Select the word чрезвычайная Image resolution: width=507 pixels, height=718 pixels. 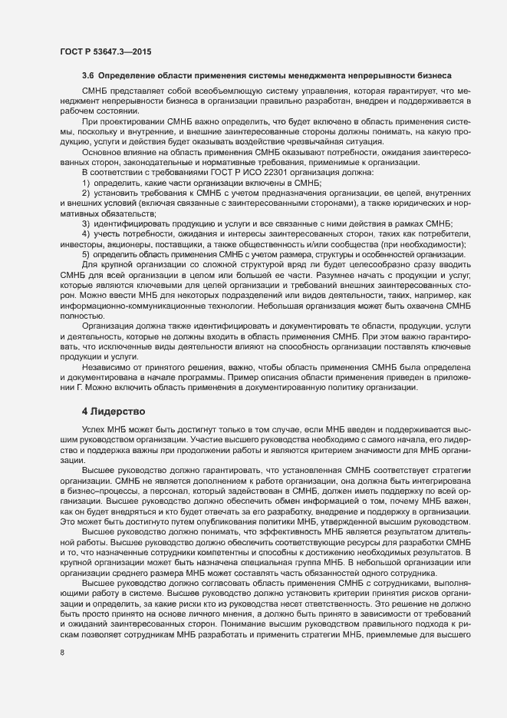pos(301,141)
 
